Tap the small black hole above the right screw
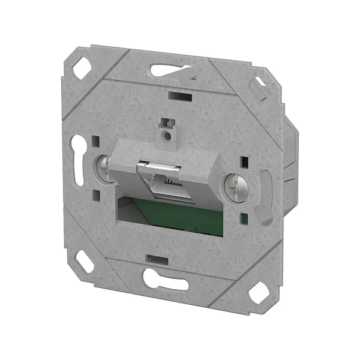point(244,162)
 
